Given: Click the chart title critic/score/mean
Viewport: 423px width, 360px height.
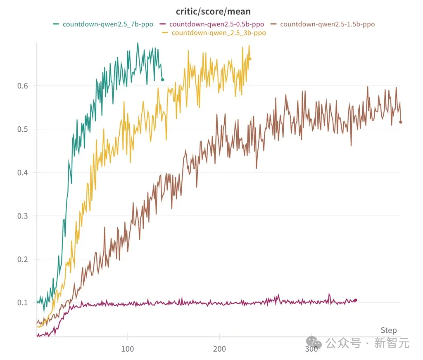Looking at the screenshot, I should click(213, 12).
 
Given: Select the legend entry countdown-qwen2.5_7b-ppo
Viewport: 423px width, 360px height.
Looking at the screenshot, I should click(108, 24).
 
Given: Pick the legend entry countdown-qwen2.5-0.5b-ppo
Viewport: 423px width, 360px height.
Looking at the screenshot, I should click(217, 24).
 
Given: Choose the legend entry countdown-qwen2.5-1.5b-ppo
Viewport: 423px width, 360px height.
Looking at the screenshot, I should click(327, 24).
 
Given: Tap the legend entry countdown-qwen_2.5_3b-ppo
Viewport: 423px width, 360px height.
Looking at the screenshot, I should click(219, 33).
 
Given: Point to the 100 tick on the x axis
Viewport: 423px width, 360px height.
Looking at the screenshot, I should click(128, 349).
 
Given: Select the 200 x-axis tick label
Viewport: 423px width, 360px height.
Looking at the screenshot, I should click(219, 349).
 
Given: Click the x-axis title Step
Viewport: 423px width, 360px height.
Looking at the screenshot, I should click(389, 330).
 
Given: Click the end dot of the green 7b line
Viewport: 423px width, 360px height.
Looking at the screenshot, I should click(162, 80).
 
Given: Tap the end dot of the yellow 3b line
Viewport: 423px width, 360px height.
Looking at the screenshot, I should click(250, 59).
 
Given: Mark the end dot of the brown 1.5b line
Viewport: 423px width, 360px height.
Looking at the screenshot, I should click(400, 122).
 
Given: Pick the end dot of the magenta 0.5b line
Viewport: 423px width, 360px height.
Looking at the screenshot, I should click(355, 300).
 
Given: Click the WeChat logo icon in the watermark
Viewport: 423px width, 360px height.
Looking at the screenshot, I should click(314, 342).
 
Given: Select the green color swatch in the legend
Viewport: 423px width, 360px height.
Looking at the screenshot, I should click(56, 24).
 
